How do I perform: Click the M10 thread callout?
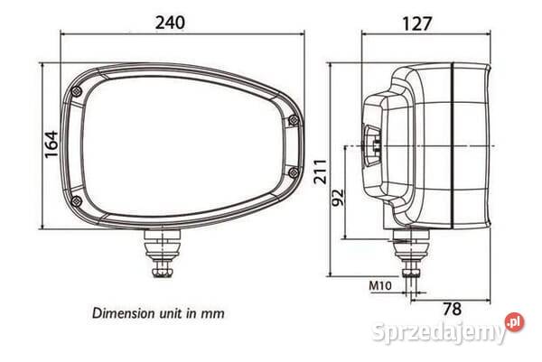click(x=379, y=287)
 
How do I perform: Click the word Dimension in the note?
click(x=125, y=313)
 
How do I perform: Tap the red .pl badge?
click(x=513, y=322)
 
